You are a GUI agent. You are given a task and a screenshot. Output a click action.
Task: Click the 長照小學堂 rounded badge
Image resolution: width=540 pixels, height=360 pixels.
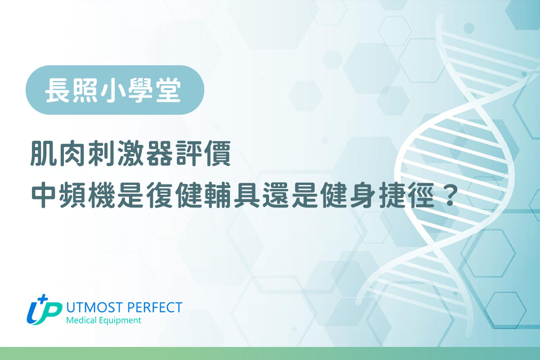[115, 90]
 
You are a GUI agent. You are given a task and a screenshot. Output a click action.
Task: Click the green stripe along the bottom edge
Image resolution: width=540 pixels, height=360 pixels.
[270, 353]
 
